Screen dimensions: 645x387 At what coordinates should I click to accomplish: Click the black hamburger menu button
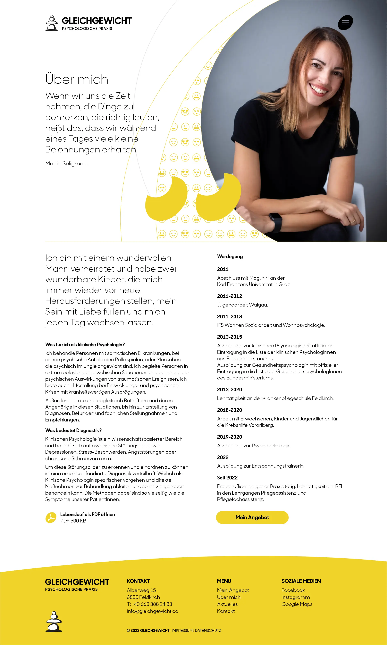tap(345, 23)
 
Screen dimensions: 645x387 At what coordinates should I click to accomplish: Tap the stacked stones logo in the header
tap(52, 23)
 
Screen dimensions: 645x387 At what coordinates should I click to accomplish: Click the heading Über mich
tap(77, 79)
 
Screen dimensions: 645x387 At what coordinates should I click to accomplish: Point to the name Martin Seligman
tap(66, 164)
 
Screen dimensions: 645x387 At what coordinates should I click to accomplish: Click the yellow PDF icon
tap(51, 518)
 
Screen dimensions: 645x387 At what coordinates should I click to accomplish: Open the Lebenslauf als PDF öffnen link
tap(87, 514)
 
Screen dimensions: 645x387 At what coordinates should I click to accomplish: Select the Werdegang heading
tap(230, 256)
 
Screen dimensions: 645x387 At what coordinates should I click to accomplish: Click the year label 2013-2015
tap(229, 337)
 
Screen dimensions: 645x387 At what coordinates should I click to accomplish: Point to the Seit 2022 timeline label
tap(227, 478)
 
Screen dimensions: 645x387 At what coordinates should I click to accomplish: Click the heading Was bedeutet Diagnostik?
tap(73, 430)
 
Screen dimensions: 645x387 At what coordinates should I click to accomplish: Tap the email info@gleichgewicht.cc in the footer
tap(152, 611)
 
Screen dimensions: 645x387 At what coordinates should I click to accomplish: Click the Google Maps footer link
tap(297, 604)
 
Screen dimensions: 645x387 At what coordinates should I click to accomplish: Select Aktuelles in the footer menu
tap(227, 604)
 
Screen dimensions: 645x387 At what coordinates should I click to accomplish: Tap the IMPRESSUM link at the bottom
tap(182, 630)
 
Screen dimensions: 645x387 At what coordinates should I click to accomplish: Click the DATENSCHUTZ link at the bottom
tap(208, 630)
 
